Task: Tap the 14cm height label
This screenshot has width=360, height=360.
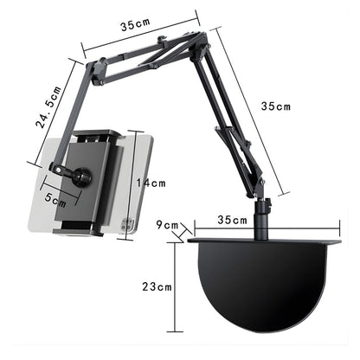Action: (x=152, y=183)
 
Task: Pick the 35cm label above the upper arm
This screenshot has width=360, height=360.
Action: (x=135, y=26)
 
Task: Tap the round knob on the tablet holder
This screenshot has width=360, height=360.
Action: (x=83, y=179)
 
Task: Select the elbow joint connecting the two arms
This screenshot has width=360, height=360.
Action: (x=201, y=42)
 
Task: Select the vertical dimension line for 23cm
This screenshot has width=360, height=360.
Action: (x=177, y=286)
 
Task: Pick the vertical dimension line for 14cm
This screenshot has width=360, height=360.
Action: (x=132, y=183)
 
